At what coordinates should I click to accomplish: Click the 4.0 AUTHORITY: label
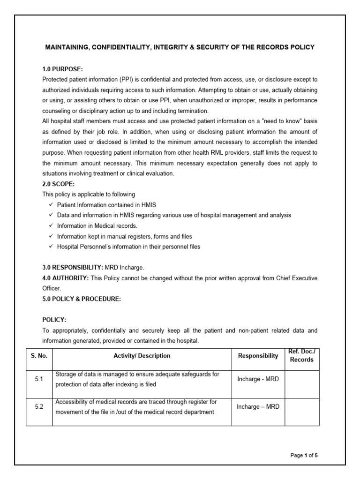click(66, 278)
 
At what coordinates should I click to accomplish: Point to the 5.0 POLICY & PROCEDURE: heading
click(82, 299)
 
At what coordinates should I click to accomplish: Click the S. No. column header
click(39, 356)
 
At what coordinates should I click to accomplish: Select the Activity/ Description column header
click(142, 356)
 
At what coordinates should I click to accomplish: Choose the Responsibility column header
click(258, 356)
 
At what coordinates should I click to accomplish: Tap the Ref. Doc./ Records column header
click(301, 355)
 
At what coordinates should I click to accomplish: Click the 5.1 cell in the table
click(39, 379)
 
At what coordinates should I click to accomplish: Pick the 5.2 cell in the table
click(39, 407)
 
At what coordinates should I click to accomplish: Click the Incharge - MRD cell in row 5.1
click(258, 379)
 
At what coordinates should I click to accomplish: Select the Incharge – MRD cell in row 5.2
click(258, 407)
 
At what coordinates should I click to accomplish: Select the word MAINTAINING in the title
click(67, 47)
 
